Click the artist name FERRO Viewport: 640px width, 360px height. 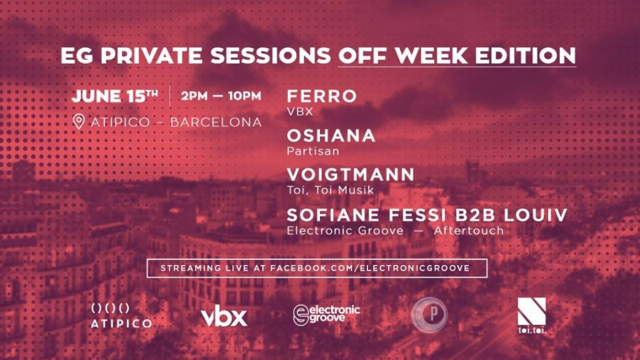coord(322,96)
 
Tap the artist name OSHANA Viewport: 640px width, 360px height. coord(331,136)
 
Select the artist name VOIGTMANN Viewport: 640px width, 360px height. coord(351,174)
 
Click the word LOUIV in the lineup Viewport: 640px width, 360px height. coord(535,215)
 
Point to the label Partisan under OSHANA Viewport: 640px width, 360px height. coord(313,151)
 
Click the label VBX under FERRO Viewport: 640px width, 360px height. coord(300,111)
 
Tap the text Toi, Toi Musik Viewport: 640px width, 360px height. coord(330,190)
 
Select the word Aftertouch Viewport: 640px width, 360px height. coord(469,231)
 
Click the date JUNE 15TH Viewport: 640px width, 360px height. coord(115,96)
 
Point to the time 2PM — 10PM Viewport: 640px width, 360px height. coord(221,96)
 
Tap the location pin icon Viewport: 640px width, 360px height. coord(78,122)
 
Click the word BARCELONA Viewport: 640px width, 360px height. coord(216,122)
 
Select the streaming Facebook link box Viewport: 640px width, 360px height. coord(317,268)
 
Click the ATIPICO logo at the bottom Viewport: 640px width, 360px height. coord(121,316)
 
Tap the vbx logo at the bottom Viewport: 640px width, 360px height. coord(224,316)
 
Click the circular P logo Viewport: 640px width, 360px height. coord(429,314)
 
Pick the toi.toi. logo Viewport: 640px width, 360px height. coord(531,315)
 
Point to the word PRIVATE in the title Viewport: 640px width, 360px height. coord(151,56)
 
